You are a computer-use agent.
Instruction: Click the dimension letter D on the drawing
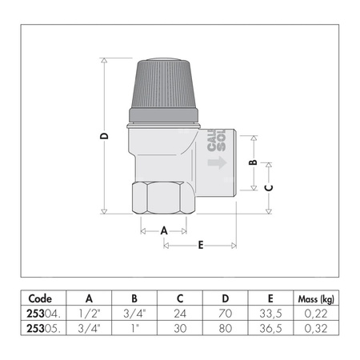click(x=104, y=137)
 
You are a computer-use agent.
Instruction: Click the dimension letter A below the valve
click(x=165, y=230)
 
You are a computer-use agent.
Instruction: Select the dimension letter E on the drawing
click(x=199, y=245)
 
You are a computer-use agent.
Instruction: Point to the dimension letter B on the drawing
click(x=254, y=162)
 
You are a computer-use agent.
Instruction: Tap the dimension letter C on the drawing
click(x=269, y=189)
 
